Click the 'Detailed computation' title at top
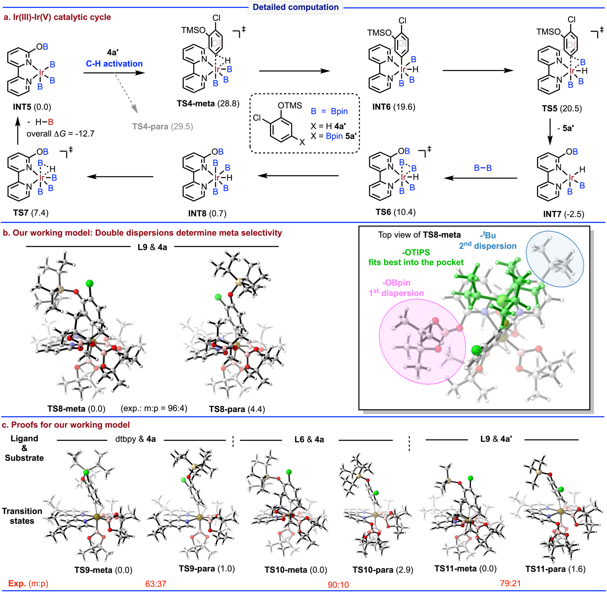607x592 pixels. coord(295,7)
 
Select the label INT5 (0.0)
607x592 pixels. coord(32,107)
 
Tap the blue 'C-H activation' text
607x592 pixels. coord(114,64)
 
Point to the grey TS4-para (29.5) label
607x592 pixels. coord(162,127)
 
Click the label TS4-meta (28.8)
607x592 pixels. coord(208,103)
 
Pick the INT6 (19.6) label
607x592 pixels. coord(394,107)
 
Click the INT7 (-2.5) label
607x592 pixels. coord(563,214)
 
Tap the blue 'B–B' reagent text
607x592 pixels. coord(483,168)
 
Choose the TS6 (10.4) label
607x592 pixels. coord(395,212)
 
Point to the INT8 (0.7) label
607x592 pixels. coord(207,214)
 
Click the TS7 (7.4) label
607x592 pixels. coord(31,213)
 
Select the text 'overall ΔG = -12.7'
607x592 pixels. coord(60,134)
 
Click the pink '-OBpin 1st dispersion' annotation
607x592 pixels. coord(396,288)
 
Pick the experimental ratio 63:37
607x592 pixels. coord(155,584)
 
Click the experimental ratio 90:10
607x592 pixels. coord(338,585)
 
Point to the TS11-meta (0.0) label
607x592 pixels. coord(465,569)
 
